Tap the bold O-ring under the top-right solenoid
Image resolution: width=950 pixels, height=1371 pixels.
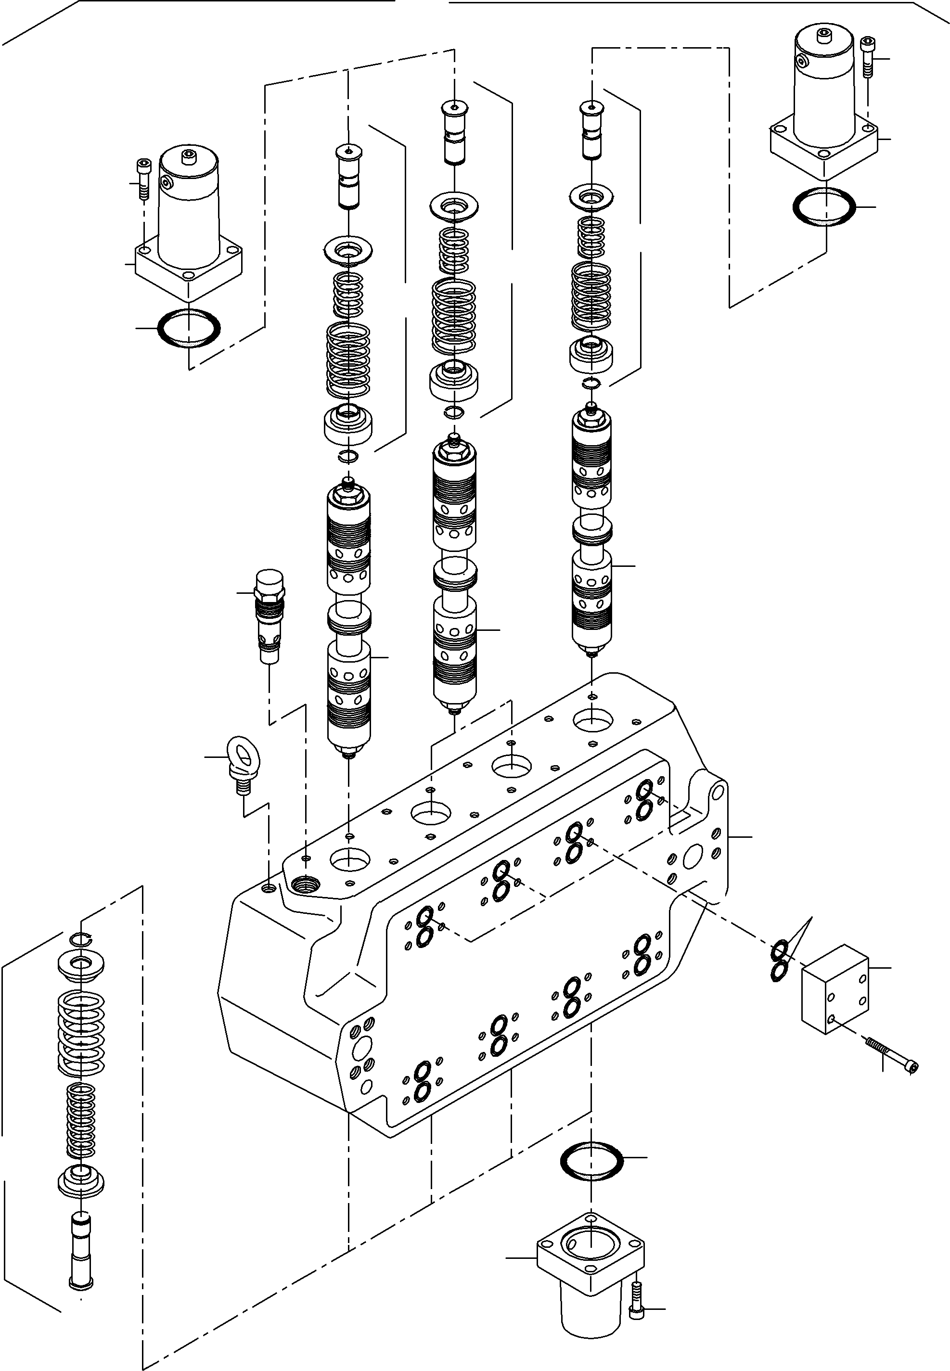tap(824, 206)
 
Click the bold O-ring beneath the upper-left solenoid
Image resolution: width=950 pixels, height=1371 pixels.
tap(188, 327)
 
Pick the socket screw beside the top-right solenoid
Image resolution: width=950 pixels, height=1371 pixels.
tap(868, 57)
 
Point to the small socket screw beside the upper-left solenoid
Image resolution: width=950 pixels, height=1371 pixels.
tap(143, 179)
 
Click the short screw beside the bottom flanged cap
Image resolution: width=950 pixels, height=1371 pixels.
tap(636, 1298)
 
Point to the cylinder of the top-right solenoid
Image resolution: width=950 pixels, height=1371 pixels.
tap(824, 89)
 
